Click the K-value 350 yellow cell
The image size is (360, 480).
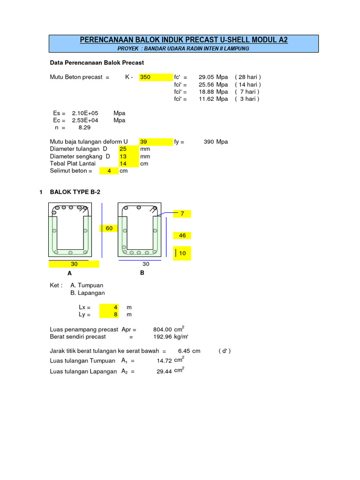pos(156,77)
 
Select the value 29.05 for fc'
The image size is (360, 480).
pos(206,77)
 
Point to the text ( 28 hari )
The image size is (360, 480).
pos(248,77)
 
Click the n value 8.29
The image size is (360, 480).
pos(84,127)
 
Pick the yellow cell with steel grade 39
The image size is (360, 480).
pos(156,142)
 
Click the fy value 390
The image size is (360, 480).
pos(209,142)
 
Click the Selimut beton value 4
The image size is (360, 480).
pos(109,171)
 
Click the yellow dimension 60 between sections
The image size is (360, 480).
pos(109,228)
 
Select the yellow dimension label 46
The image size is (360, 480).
pos(182,236)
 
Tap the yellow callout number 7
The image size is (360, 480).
pos(182,214)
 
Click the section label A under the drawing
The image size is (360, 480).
pos(70,273)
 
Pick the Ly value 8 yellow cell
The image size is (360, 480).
pos(109,315)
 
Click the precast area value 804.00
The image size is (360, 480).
pos(162,330)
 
